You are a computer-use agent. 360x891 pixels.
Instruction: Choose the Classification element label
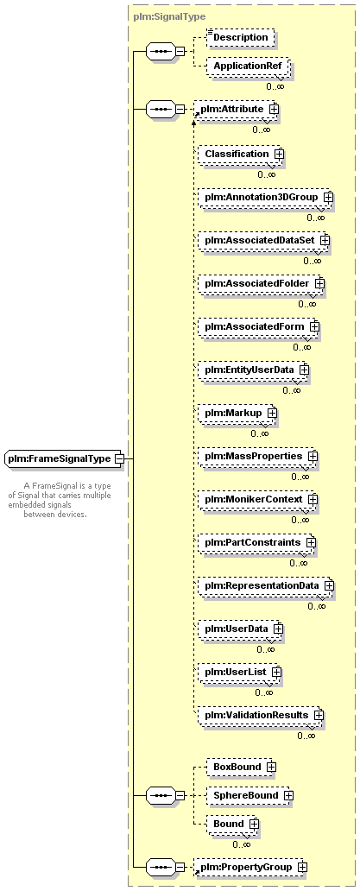tap(237, 154)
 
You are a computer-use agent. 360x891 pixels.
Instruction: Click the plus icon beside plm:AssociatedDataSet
tap(325, 240)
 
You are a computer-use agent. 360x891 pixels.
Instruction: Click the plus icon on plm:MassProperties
tap(313, 457)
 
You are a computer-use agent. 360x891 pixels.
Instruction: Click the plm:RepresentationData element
tap(266, 586)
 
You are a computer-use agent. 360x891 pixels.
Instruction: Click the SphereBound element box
tap(249, 795)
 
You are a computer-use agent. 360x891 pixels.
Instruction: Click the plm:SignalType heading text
tap(168, 17)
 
